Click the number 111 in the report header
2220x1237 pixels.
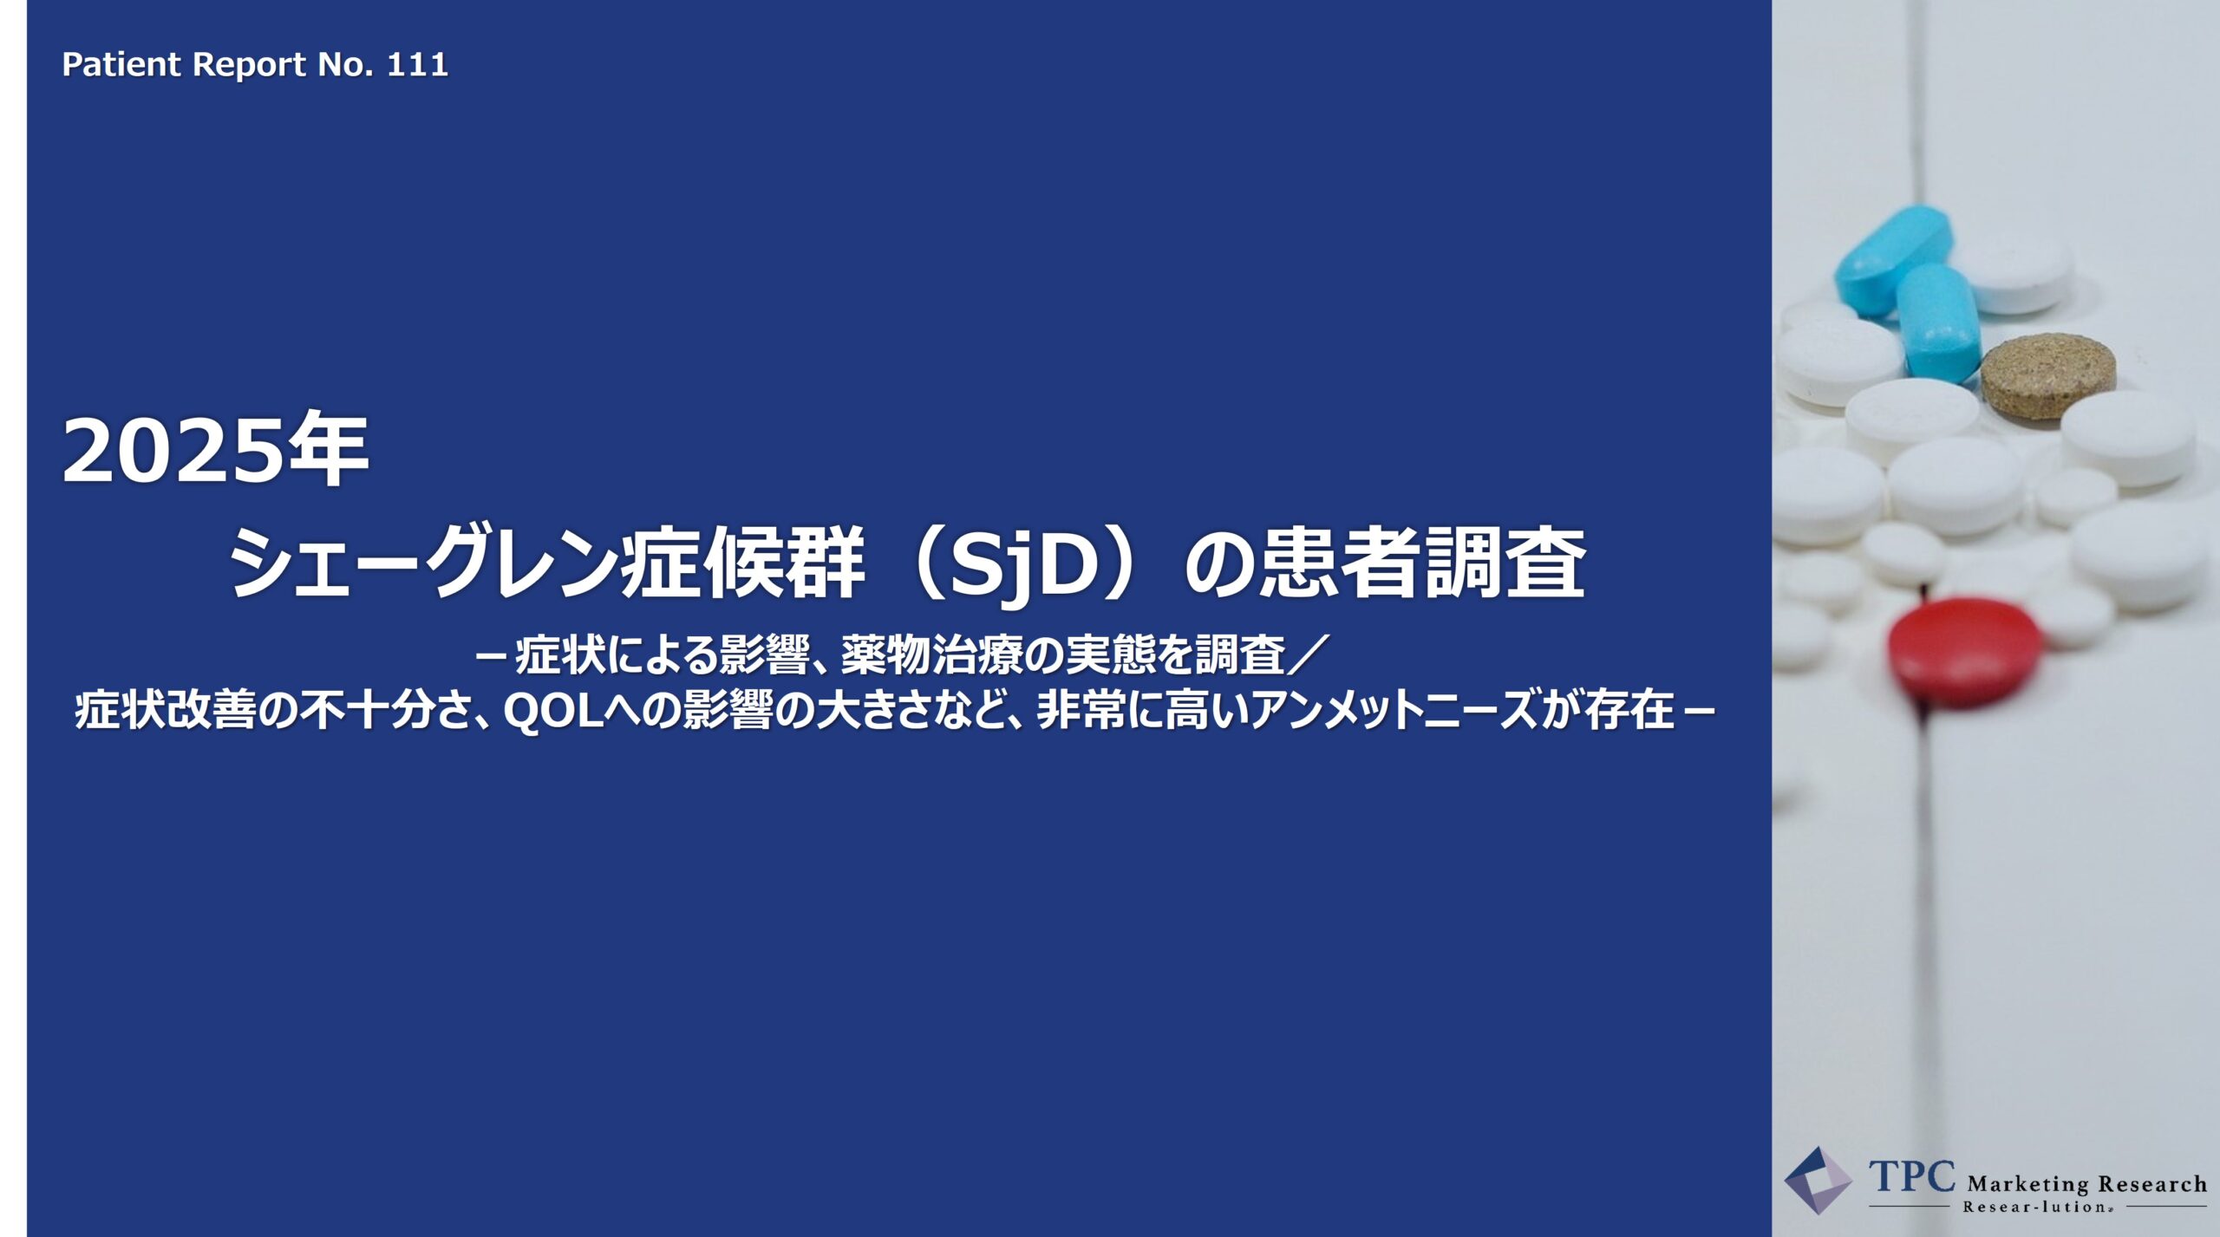pyautogui.click(x=417, y=64)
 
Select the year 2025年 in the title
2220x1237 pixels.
pyautogui.click(x=216, y=452)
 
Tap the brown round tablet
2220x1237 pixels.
pyautogui.click(x=2047, y=376)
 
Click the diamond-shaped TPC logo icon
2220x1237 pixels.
pyautogui.click(x=1818, y=1181)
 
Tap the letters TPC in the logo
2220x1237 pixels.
pyautogui.click(x=1912, y=1177)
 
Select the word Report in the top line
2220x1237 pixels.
pyautogui.click(x=250, y=65)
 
